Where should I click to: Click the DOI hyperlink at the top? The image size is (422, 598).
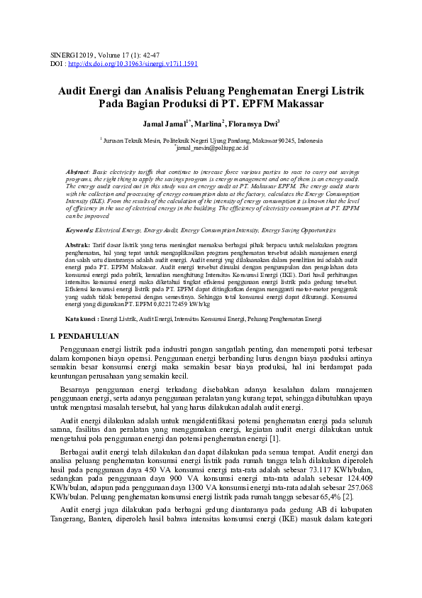pos(133,63)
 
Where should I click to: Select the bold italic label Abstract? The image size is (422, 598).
pos(77,173)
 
